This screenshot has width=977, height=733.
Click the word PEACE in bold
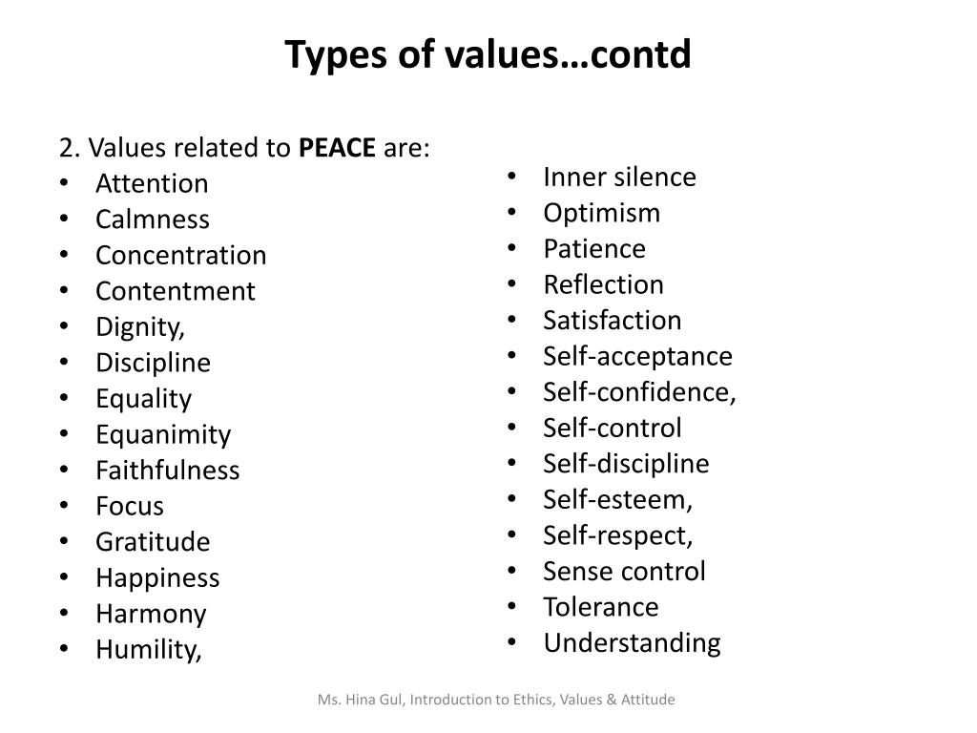[337, 148]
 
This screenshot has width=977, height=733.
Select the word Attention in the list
[152, 183]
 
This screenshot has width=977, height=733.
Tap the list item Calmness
[153, 220]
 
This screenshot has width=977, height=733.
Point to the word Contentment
[176, 291]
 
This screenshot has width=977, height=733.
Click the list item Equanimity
[163, 434]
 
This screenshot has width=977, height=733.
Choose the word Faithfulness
[168, 471]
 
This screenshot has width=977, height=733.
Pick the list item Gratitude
[153, 542]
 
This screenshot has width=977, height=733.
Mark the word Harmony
[151, 614]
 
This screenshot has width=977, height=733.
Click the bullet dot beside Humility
[63, 650]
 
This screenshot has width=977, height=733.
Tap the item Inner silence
[620, 178]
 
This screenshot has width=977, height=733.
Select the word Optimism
[602, 213]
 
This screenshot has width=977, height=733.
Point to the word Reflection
[604, 284]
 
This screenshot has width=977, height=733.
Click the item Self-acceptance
[638, 356]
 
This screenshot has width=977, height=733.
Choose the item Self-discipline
[627, 464]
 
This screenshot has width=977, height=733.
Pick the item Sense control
[625, 571]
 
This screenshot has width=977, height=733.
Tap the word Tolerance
[601, 607]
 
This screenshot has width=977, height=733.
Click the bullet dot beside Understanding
[511, 643]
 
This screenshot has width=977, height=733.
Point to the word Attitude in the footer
[649, 700]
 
